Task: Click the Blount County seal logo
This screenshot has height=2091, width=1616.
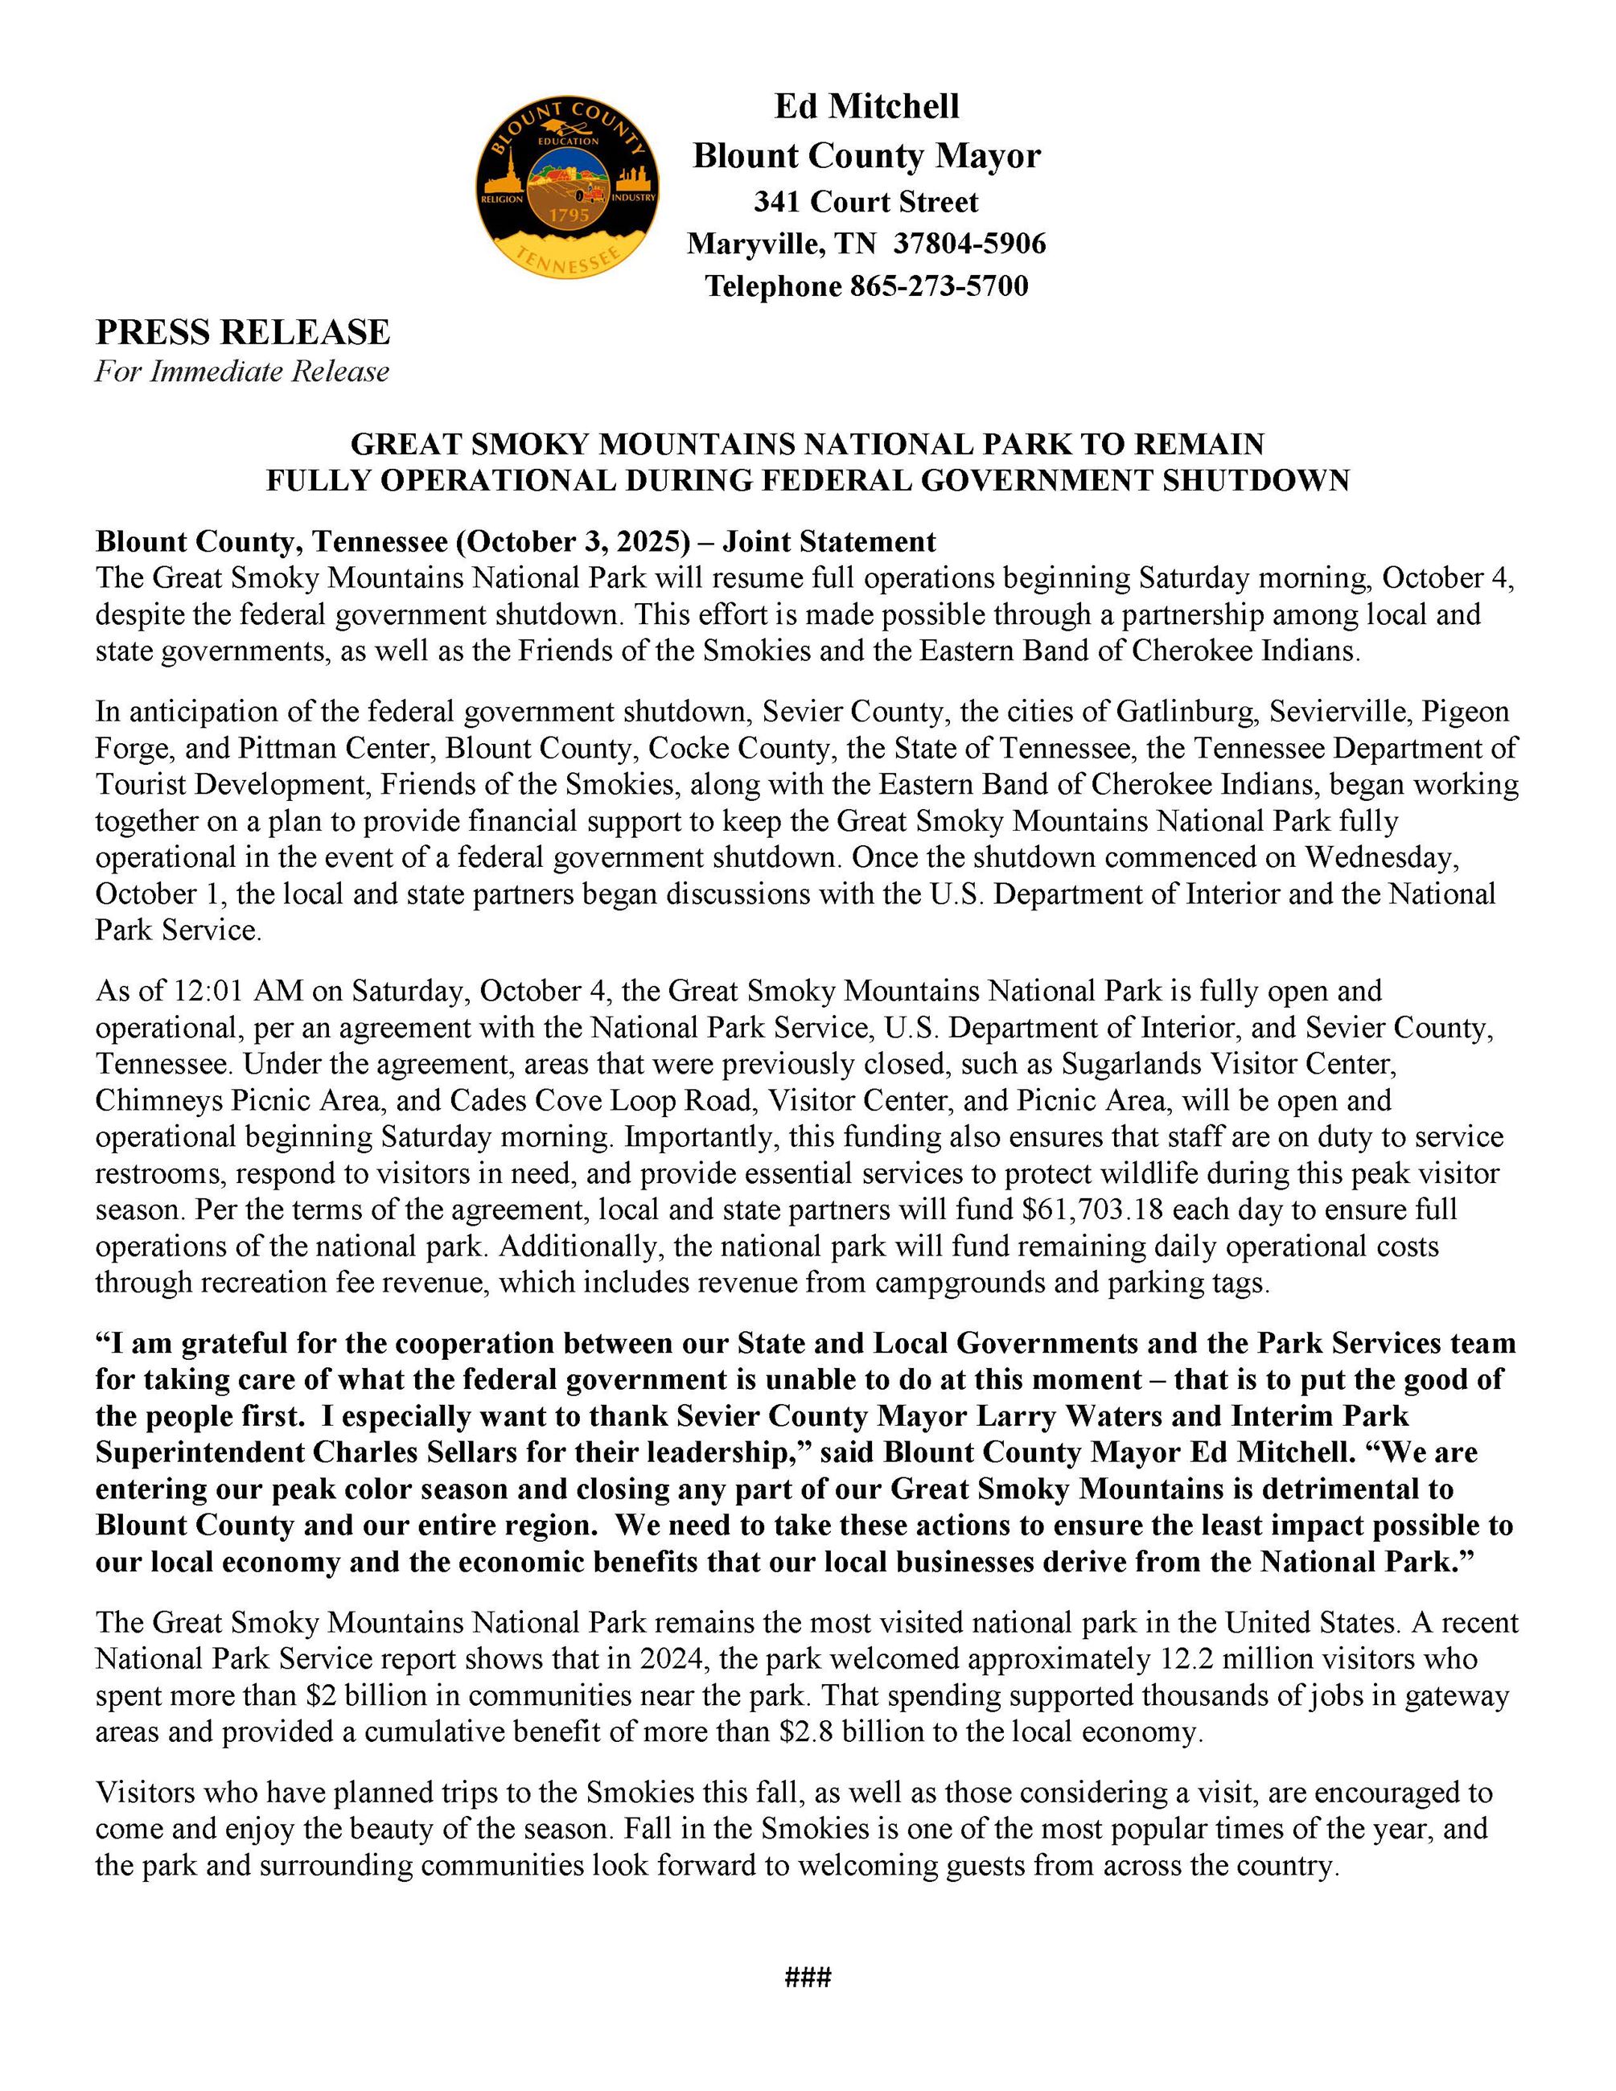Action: [x=567, y=187]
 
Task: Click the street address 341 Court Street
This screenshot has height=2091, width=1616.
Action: [x=866, y=202]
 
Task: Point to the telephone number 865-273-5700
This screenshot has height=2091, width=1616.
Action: [x=938, y=286]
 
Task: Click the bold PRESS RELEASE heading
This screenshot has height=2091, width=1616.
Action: [x=242, y=332]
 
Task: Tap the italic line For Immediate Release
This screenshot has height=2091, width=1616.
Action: [x=241, y=372]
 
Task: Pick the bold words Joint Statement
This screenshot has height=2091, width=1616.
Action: [x=829, y=542]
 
